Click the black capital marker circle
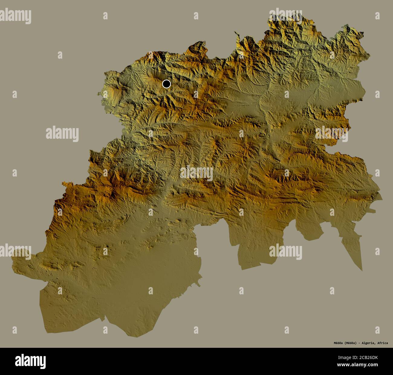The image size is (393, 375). (166, 84)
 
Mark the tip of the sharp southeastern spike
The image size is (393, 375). (361, 270)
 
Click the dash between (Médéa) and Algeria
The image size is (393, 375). (360, 343)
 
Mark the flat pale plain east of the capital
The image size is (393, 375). (302, 94)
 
